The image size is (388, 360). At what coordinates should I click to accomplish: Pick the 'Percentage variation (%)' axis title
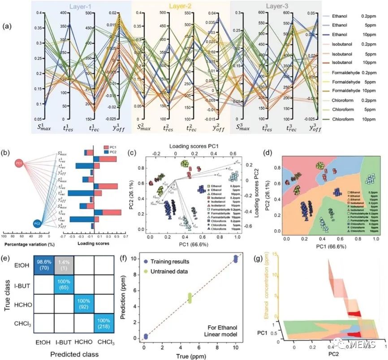(25, 244)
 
